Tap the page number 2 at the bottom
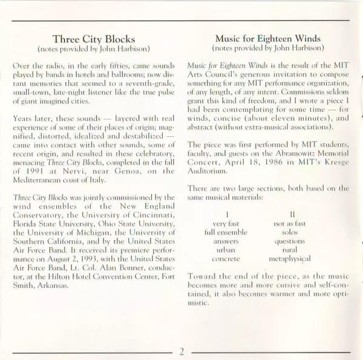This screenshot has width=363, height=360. pos(181,349)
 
